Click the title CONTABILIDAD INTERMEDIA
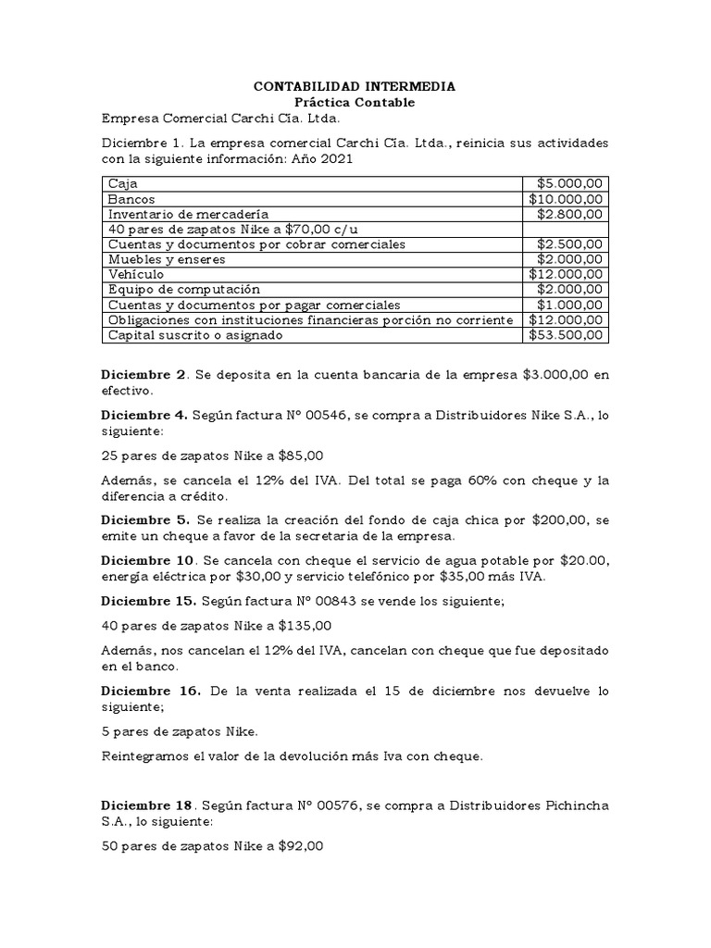[x=355, y=86]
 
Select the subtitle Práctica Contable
[x=355, y=102]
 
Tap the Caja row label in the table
[x=121, y=183]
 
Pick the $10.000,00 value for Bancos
[x=567, y=198]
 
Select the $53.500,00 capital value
[x=567, y=334]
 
